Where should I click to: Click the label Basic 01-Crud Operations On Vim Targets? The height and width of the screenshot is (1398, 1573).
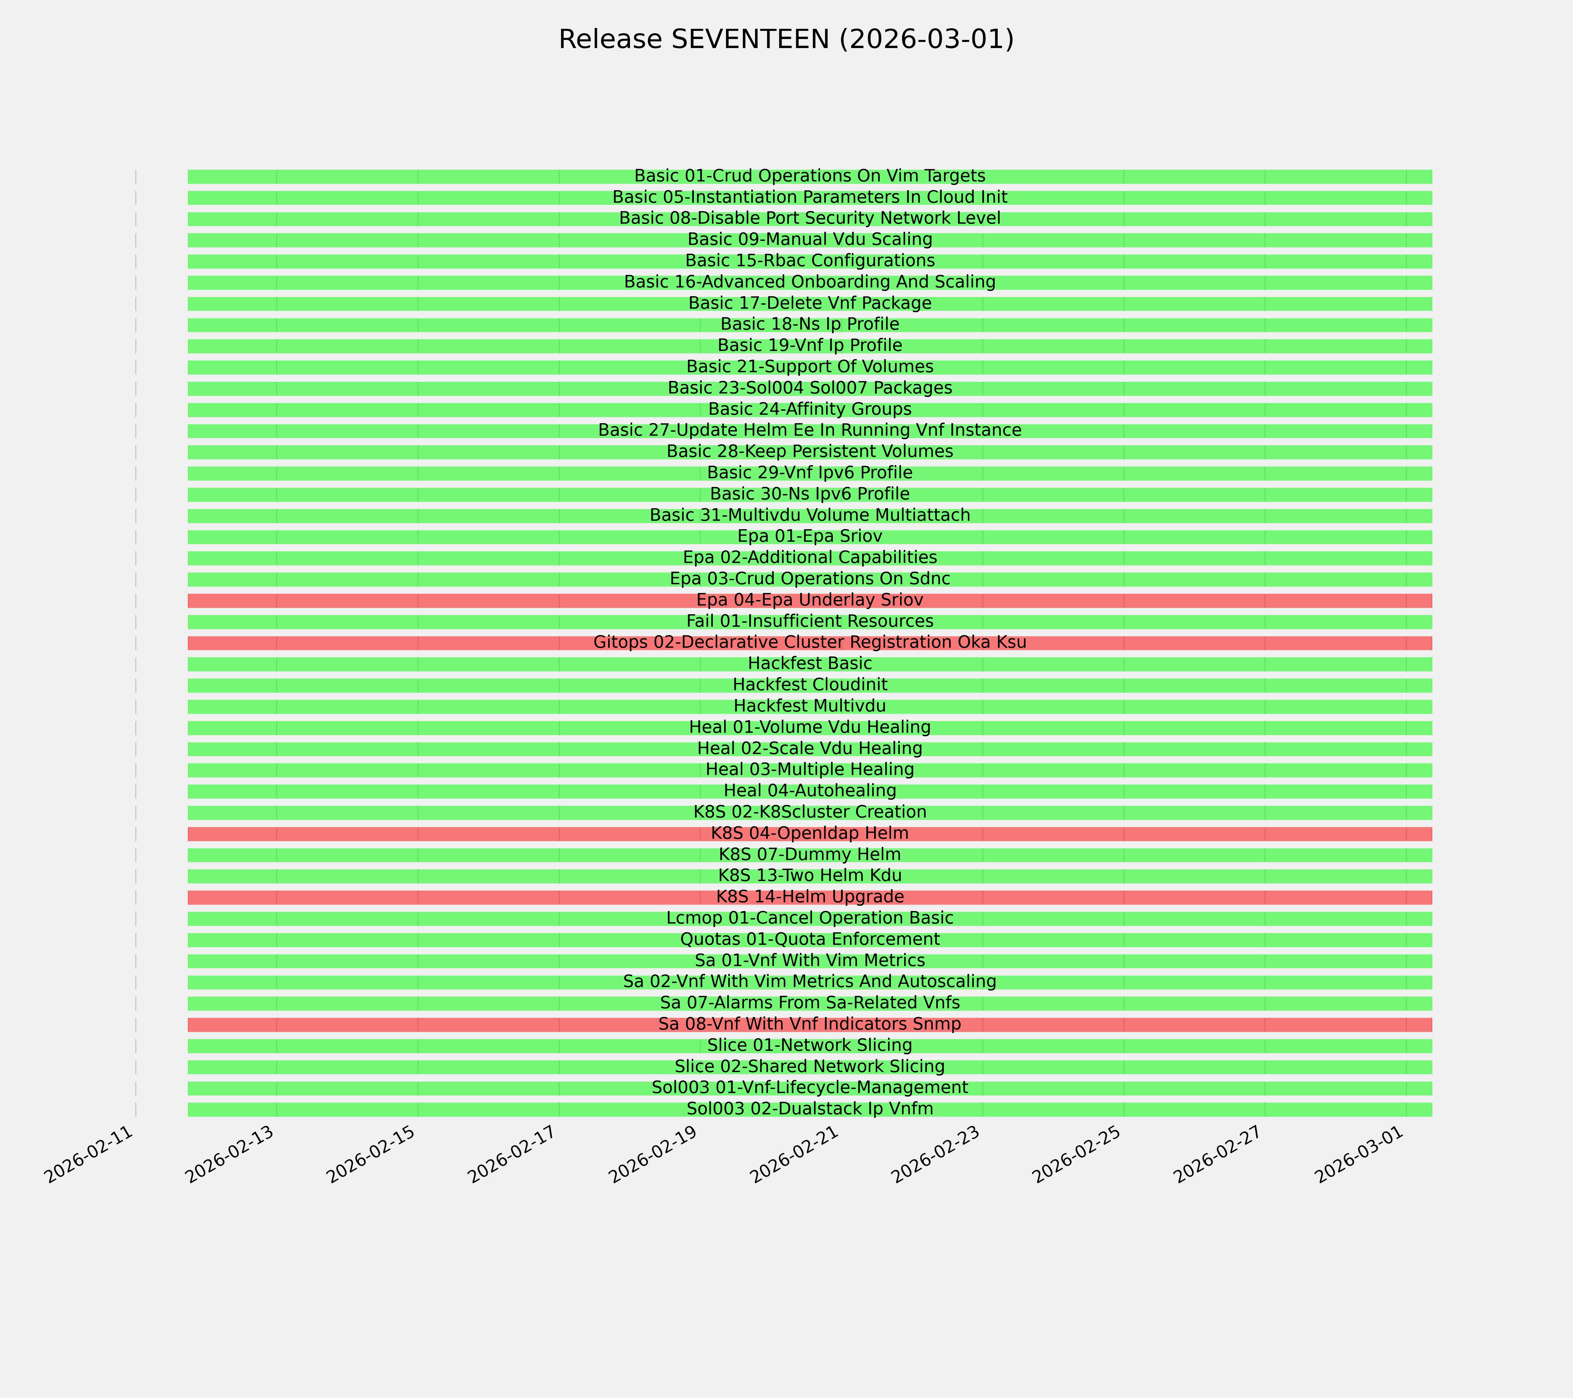click(810, 176)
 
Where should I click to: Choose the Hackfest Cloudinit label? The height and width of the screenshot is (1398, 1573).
click(810, 685)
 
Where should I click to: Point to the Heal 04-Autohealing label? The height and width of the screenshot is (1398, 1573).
click(810, 791)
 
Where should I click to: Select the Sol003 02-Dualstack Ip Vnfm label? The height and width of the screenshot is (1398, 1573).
click(810, 1109)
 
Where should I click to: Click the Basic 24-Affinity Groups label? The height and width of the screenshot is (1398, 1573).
click(810, 409)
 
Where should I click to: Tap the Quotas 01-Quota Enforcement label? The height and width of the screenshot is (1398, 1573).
click(810, 940)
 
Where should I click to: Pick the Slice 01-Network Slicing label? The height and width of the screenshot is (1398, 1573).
click(810, 1046)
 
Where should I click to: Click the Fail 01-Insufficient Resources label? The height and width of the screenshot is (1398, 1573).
click(810, 621)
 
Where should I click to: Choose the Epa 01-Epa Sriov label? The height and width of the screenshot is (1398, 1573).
click(810, 536)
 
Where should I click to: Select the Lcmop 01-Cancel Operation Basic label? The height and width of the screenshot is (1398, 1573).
click(810, 919)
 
